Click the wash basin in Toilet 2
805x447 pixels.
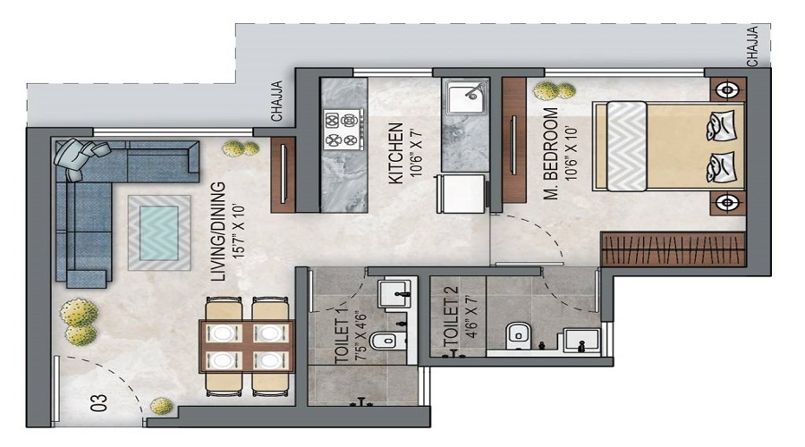pos(578,341)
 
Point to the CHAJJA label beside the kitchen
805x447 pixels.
pos(278,100)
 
